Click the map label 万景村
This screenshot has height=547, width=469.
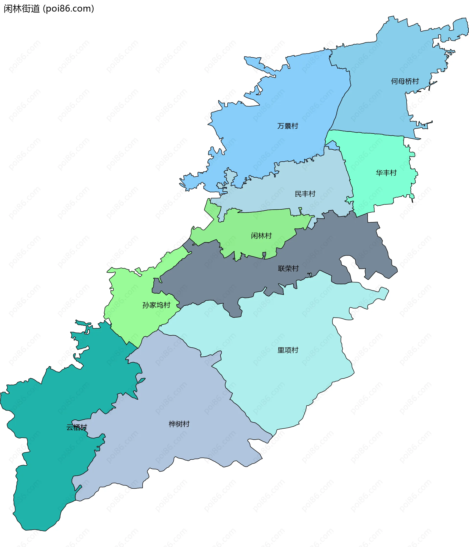(288, 126)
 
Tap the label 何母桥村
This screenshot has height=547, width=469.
(405, 81)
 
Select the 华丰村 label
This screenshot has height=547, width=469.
(386, 173)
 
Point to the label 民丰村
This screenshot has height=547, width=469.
(305, 194)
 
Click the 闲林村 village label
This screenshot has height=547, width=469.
(261, 236)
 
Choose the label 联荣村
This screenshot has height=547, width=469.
(288, 268)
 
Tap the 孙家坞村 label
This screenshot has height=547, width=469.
(156, 305)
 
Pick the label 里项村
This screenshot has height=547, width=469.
(288, 350)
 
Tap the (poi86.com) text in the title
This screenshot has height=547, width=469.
(68, 9)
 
